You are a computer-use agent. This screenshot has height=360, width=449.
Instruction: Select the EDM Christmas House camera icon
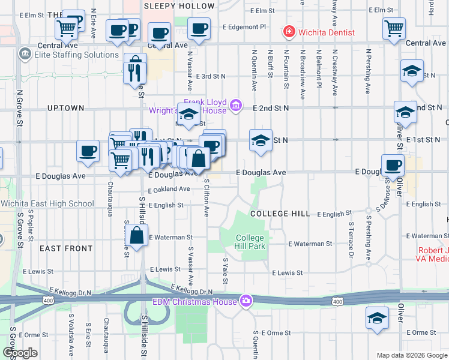click(246, 301)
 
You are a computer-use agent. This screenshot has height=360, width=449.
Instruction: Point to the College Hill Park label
click(250, 242)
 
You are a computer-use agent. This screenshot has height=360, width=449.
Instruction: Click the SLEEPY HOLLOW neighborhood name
click(179, 6)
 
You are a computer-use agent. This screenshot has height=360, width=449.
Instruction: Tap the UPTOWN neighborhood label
click(65, 108)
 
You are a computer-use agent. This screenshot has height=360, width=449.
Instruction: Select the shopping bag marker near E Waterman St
click(137, 235)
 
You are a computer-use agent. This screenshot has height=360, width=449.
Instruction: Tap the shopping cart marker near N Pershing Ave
click(394, 28)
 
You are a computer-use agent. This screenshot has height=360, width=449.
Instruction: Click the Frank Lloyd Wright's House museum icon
click(235, 106)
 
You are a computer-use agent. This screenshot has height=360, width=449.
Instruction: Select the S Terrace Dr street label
click(351, 239)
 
